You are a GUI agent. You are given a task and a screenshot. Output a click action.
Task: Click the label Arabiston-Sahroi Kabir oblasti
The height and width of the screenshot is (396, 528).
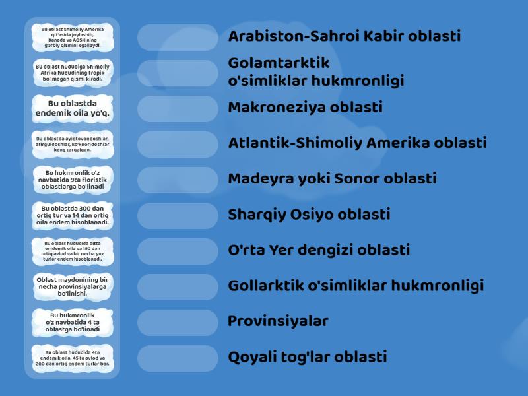(344, 36)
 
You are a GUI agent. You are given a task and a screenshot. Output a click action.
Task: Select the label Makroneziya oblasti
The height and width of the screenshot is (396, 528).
(305, 108)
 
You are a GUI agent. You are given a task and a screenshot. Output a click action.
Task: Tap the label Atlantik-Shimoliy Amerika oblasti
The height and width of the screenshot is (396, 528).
(357, 143)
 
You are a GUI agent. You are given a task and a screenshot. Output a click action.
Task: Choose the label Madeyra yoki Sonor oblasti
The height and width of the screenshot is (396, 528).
(332, 179)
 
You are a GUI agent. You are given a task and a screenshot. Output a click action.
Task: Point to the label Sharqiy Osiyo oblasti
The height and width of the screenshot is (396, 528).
(309, 214)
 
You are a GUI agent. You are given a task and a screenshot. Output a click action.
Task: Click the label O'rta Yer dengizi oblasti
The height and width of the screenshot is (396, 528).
(319, 250)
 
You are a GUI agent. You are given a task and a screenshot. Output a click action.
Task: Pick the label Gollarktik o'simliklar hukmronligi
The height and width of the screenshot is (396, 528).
(356, 286)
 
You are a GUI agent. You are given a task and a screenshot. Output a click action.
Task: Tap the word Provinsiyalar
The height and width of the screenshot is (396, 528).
(278, 321)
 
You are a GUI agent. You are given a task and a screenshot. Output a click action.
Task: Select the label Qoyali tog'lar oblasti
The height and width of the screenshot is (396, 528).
(307, 357)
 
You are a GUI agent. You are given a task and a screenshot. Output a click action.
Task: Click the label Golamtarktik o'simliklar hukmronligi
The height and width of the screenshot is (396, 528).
(315, 72)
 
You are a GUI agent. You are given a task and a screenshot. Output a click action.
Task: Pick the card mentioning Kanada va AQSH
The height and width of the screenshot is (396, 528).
(72, 37)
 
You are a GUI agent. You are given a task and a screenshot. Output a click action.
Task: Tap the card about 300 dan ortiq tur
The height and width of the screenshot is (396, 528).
(72, 215)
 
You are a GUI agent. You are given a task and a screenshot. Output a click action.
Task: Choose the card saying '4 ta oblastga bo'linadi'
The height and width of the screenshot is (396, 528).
(72, 322)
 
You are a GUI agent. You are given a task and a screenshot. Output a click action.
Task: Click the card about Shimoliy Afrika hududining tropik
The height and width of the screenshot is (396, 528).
(72, 73)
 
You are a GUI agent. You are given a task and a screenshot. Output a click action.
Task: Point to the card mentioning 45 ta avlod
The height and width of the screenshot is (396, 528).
(72, 358)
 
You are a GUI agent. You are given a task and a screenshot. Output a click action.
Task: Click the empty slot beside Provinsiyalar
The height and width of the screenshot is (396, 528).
(178, 322)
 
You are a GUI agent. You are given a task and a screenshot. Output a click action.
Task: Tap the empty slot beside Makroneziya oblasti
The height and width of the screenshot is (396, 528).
(178, 108)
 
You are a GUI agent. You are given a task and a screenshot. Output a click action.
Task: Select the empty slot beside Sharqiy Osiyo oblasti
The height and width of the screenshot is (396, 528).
(178, 215)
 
